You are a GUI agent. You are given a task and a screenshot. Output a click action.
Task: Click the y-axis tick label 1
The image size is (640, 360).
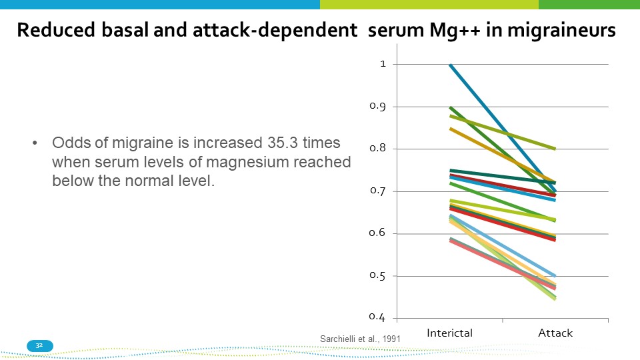pyautogui.click(x=383, y=64)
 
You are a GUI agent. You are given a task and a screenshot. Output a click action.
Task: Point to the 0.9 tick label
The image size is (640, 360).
pyautogui.click(x=378, y=107)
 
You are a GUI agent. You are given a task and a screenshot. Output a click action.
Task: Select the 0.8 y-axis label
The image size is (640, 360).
pyautogui.click(x=378, y=149)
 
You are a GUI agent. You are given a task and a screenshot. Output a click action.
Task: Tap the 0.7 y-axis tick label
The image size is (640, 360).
pyautogui.click(x=378, y=191)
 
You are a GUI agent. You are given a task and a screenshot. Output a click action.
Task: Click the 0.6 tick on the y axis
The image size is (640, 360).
pyautogui.click(x=378, y=233)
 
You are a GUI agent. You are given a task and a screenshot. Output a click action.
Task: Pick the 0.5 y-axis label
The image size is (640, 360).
pyautogui.click(x=378, y=276)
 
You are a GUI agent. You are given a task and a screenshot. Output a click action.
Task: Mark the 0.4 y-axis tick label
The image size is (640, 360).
pyautogui.click(x=378, y=317)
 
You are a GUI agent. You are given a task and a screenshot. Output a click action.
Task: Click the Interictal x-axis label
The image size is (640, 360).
pyautogui.click(x=449, y=333)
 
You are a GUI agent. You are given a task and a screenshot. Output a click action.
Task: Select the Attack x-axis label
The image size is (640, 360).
pyautogui.click(x=555, y=333)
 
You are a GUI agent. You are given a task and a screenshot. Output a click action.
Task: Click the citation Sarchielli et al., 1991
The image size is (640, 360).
pyautogui.click(x=361, y=339)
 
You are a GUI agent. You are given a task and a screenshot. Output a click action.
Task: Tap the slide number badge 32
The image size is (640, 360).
pyautogui.click(x=39, y=345)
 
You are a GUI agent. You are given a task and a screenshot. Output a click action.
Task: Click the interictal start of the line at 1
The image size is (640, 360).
pyautogui.click(x=451, y=65)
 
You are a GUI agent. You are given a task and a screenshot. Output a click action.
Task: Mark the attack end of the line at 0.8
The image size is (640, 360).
pyautogui.click(x=555, y=149)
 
